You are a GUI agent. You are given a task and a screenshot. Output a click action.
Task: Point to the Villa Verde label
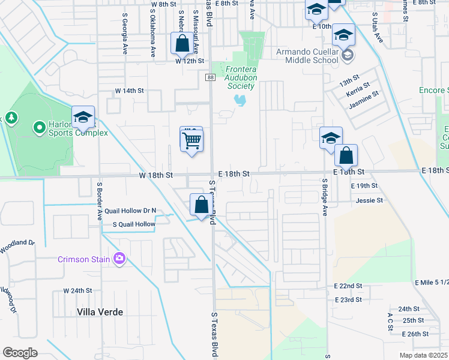pos(100,312)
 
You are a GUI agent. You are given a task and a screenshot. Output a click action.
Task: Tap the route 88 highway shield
pos(209,77)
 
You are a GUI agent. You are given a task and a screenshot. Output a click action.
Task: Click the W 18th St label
pos(156,175)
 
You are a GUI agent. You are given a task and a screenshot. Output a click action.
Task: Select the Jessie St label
pos(369,200)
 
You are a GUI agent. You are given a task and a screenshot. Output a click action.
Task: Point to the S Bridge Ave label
pos(325,196)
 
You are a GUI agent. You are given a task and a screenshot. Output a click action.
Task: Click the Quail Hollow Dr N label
pos(130,211)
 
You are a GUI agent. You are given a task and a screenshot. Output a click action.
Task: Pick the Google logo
pos(20,352)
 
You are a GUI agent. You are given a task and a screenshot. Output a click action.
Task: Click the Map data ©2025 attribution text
pos(423,355)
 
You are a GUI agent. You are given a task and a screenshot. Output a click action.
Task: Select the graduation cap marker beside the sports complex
pos(83,117)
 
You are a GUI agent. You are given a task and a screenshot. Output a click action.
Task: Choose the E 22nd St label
pos(349,286)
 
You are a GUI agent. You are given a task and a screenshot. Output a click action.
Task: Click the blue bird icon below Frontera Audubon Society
pos(241,99)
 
